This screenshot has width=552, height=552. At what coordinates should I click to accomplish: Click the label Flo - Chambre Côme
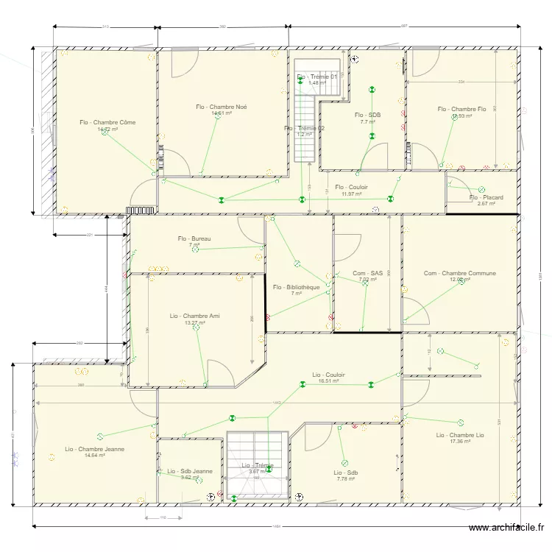coord(107,122)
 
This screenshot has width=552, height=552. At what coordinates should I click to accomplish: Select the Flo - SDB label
coord(368,115)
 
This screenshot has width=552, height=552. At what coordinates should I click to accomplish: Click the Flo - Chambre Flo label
coord(461,109)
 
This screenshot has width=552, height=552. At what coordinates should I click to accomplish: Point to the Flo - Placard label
coord(486,197)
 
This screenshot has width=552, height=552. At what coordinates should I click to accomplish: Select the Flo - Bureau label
coord(194,238)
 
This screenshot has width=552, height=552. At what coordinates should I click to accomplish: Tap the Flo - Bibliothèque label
coord(296,287)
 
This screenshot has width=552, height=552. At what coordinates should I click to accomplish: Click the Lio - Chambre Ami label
coord(195,316)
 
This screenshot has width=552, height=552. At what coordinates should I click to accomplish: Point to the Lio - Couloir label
coord(328,375)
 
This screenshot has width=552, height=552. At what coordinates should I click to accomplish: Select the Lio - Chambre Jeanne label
coord(94,448)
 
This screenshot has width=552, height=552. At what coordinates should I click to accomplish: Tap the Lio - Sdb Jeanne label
coord(189,471)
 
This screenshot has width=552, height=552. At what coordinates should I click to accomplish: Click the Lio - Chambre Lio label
coord(460,434)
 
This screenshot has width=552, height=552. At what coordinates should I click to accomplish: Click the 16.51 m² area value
coord(328,381)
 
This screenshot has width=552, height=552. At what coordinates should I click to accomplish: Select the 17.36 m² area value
coord(460,441)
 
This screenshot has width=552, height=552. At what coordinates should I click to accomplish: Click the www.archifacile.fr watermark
coord(507,528)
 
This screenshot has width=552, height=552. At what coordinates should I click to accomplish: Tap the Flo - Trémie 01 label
coord(316,77)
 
